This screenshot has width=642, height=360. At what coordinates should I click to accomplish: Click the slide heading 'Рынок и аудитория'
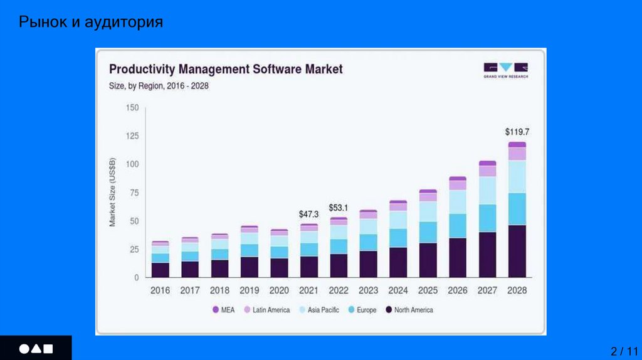tap(91, 23)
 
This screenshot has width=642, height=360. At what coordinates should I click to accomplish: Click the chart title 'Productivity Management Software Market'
tap(226, 69)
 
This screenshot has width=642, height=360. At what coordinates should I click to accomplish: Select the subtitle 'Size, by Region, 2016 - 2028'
tap(159, 86)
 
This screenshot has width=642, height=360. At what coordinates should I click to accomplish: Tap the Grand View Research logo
tap(505, 69)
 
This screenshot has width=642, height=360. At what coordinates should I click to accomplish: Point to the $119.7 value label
tap(517, 132)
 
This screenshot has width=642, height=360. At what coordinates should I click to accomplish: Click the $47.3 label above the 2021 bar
tap(308, 214)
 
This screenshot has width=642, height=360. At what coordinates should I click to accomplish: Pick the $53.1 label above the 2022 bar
tap(339, 208)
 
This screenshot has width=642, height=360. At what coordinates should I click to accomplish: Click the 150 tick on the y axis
tap(132, 108)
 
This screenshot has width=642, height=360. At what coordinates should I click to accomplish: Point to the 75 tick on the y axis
tap(134, 193)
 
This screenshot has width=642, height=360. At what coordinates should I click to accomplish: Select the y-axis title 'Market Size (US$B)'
tap(113, 193)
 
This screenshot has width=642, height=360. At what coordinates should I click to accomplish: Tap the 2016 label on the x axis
tap(160, 291)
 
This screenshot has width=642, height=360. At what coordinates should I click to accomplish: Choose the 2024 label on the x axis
tap(398, 291)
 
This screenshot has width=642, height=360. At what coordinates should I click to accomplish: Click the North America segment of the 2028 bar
tap(517, 251)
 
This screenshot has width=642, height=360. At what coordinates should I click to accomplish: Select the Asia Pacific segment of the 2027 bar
tap(487, 190)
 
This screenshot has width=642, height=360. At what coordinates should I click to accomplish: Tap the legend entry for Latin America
tap(266, 310)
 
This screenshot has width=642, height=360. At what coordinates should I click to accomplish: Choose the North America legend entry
tap(409, 310)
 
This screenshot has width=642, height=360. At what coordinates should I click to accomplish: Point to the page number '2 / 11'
tap(624, 351)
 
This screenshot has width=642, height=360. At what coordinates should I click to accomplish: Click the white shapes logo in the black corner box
tap(36, 348)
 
